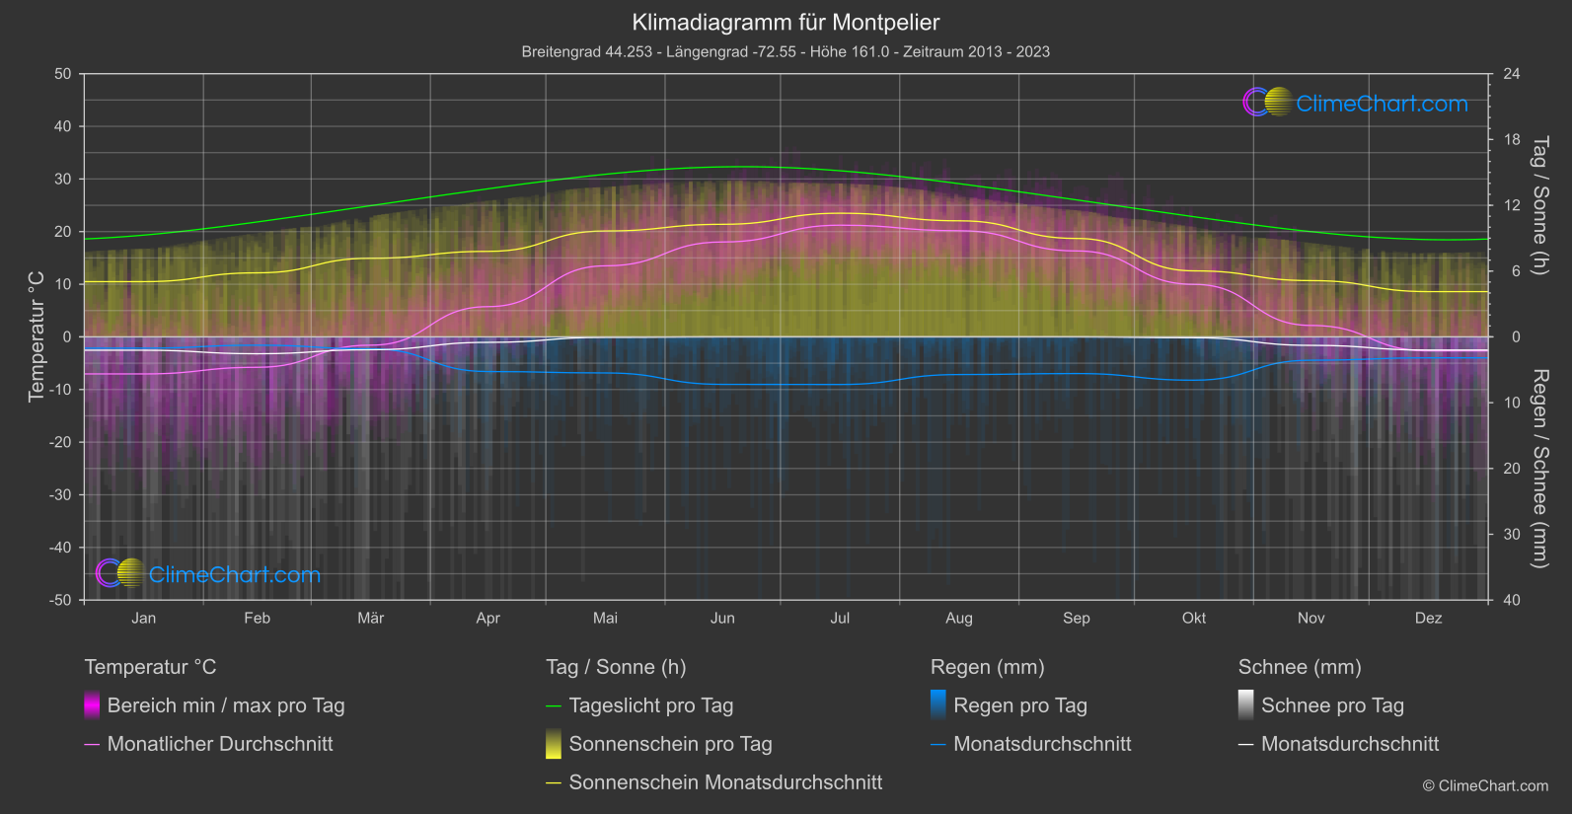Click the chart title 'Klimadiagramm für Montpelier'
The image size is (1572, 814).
(786, 22)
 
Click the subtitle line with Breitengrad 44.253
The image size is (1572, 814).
(786, 51)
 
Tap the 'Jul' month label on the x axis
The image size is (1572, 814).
(840, 618)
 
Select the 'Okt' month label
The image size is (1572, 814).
(1194, 618)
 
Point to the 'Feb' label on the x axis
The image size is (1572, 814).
(257, 618)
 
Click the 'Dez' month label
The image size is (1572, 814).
(1428, 618)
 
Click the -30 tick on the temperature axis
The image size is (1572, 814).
(61, 494)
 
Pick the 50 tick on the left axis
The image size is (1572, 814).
(63, 74)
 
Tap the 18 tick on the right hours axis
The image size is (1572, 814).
(1512, 140)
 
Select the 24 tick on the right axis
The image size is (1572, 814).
(1512, 74)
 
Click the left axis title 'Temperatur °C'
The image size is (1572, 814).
(37, 336)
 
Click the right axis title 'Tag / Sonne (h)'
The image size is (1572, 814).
(1539, 205)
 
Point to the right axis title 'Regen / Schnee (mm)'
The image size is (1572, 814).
(1539, 469)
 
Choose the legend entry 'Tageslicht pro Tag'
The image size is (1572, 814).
(650, 705)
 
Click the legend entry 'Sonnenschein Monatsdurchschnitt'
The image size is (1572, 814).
(725, 782)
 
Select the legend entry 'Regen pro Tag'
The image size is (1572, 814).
(1019, 705)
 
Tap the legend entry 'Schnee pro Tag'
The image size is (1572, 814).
(1331, 705)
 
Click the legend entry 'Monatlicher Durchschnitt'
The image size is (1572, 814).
(219, 744)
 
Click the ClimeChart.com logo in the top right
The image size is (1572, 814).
(1356, 103)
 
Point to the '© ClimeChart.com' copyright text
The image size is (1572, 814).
(1485, 785)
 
